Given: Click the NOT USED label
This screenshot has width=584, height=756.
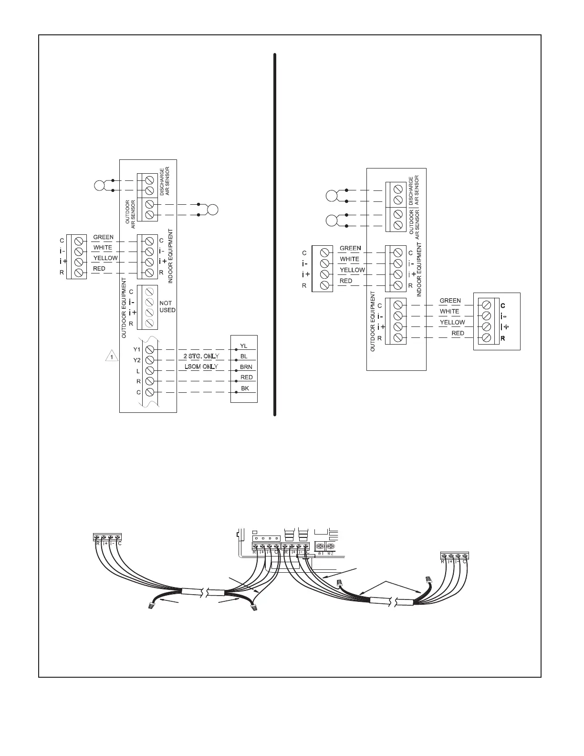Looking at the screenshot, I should coord(167,306).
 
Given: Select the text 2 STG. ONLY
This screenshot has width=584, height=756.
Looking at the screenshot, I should coord(201,357).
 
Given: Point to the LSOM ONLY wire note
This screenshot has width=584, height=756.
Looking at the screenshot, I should coord(201,367).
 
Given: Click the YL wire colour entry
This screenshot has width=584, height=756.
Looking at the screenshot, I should coord(243,346).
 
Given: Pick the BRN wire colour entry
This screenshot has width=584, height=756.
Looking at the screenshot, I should coord(246,367).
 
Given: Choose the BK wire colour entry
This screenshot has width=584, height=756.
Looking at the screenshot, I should coord(245,388).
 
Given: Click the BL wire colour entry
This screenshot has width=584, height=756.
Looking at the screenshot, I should coord(244,357).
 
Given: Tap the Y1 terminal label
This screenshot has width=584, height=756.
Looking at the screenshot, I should coord(137,349).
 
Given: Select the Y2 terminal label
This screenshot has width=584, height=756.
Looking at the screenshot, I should coord(137,360).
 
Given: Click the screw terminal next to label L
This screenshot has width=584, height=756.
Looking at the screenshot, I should coord(149,371).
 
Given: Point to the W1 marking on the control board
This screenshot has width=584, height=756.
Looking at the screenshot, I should coord(321,554).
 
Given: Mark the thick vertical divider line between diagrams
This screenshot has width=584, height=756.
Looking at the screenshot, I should coord(275,234).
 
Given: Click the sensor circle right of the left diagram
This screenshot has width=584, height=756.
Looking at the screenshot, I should coord(212,210).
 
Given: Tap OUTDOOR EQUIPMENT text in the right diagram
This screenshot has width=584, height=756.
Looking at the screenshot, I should coord(373,321).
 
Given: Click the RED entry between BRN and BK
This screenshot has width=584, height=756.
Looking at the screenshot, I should coord(246,378).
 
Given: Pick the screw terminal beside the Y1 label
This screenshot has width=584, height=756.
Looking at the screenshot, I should coord(149,349).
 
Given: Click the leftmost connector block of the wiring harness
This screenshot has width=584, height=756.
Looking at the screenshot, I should coord(107,537).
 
